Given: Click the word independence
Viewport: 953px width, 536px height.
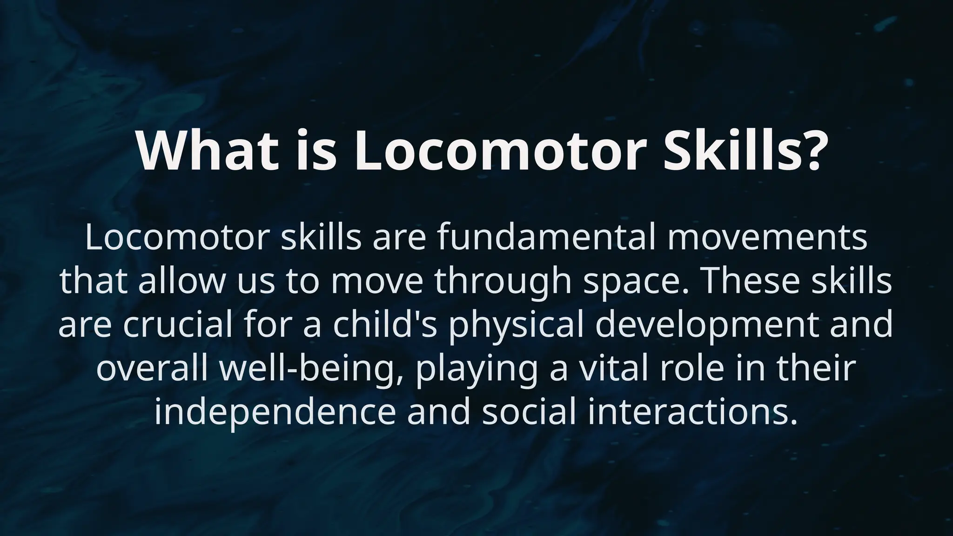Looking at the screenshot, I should coord(275,411).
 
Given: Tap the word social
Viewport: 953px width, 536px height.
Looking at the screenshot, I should coord(526,411).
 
